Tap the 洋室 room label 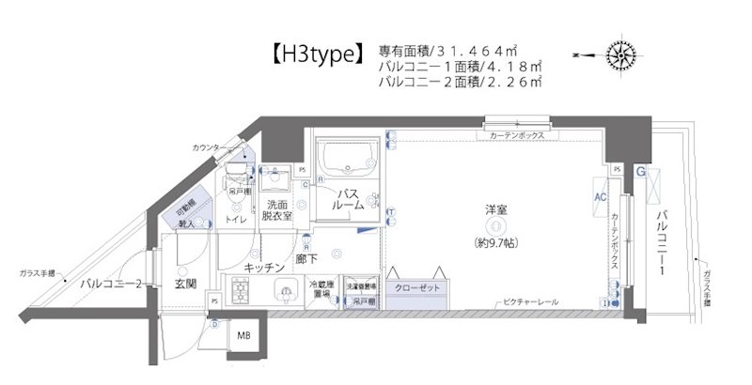click(x=495, y=209)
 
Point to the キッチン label click(x=264, y=268)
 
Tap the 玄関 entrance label click(x=184, y=283)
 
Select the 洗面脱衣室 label click(x=276, y=210)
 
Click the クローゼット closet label click(x=416, y=287)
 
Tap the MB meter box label click(x=243, y=337)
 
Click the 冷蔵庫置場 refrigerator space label click(x=322, y=290)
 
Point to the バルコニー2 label click(x=111, y=282)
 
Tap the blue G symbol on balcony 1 click(x=639, y=173)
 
